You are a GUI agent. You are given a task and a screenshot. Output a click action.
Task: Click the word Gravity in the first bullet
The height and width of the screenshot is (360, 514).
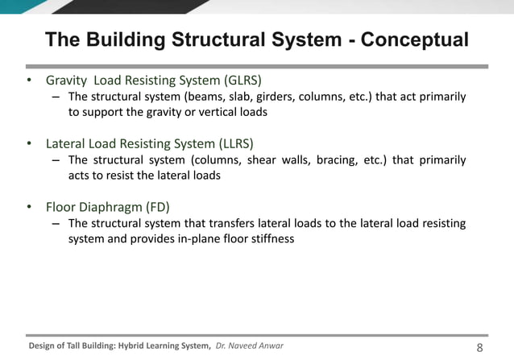67,81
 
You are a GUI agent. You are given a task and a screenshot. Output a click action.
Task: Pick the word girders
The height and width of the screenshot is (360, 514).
279,97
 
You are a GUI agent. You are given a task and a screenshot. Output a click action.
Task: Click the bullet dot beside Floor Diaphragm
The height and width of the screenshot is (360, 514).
30,207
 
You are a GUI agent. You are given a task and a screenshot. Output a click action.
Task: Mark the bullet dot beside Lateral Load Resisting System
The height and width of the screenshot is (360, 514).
30,144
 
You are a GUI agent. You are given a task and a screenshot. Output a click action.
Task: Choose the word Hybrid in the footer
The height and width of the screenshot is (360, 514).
133,346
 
